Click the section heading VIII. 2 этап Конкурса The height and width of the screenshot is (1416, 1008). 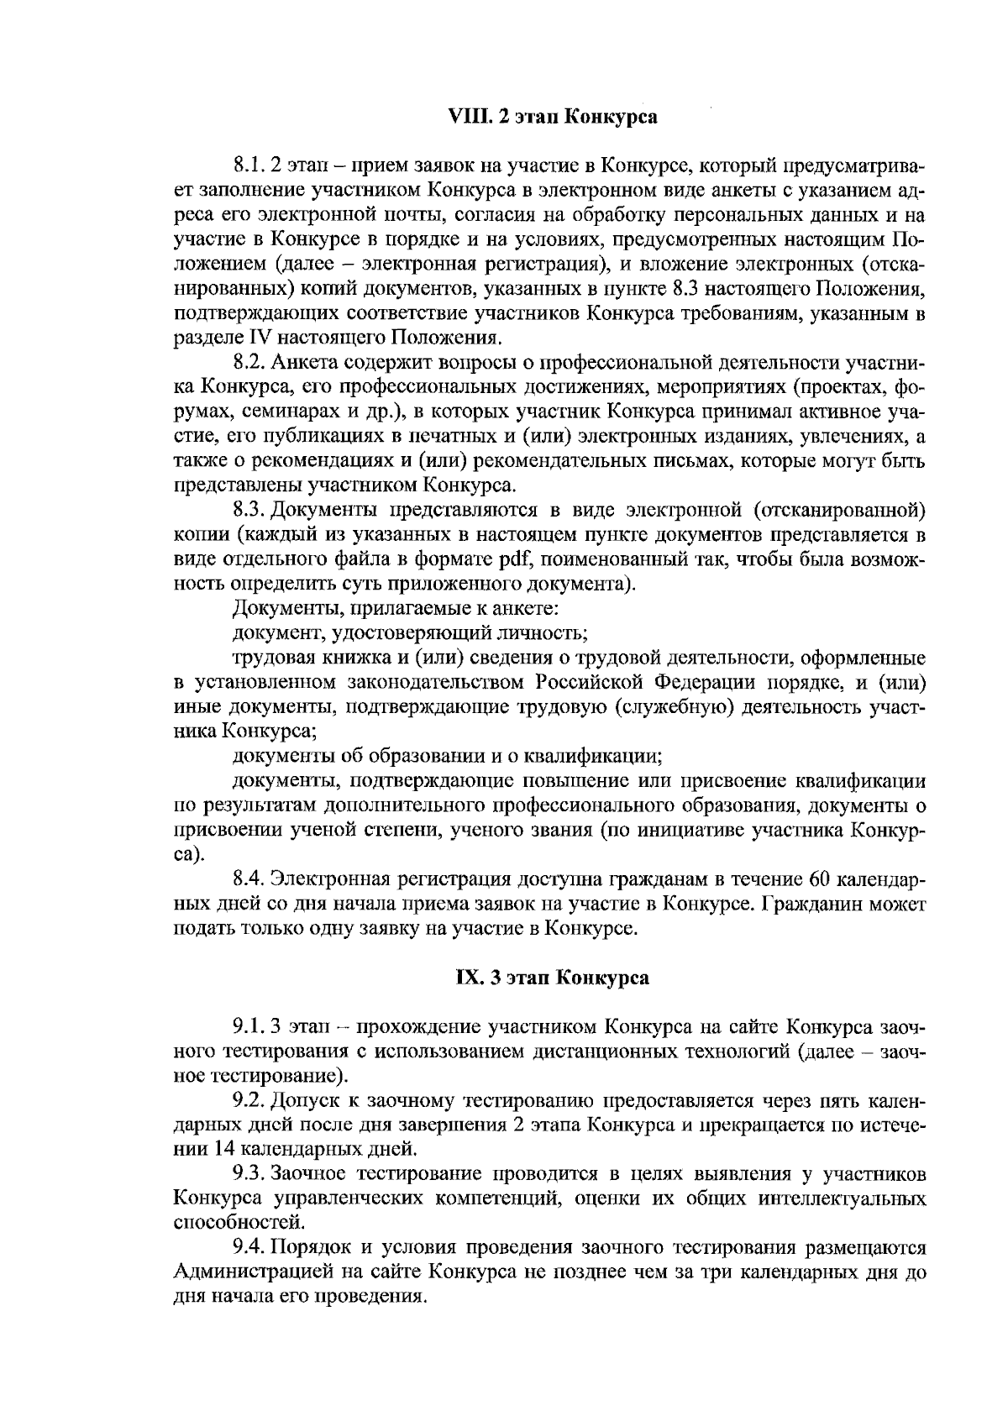click(x=551, y=117)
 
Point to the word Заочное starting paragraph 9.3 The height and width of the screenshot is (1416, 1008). click(x=308, y=1173)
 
